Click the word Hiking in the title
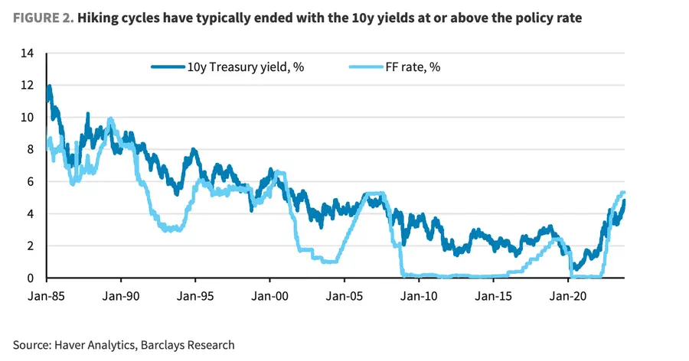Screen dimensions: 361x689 103,18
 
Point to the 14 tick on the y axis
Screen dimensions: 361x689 28,54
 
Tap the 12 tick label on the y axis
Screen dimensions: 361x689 28,86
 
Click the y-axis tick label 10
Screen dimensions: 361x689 28,118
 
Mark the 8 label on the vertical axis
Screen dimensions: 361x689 31,150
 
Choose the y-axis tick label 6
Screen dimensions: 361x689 31,182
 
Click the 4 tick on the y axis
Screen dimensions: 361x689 31,214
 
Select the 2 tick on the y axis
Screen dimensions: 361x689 31,246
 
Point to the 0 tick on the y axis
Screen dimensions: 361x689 31,278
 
